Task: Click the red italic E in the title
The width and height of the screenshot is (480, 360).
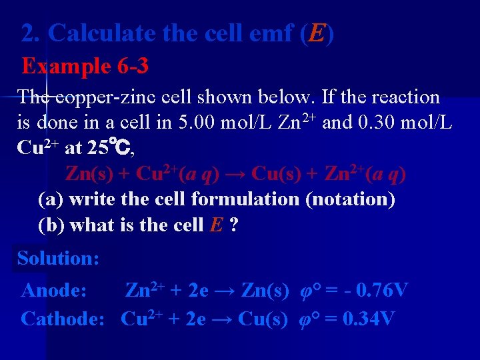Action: click(316, 33)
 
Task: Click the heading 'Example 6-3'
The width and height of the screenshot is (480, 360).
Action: click(85, 66)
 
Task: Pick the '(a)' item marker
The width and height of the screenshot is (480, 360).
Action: click(51, 199)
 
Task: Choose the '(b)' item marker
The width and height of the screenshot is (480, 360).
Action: click(52, 225)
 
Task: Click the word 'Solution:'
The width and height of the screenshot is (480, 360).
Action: click(59, 258)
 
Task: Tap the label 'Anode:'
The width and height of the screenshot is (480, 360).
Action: click(54, 291)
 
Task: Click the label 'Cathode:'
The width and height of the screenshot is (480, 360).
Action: click(63, 319)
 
